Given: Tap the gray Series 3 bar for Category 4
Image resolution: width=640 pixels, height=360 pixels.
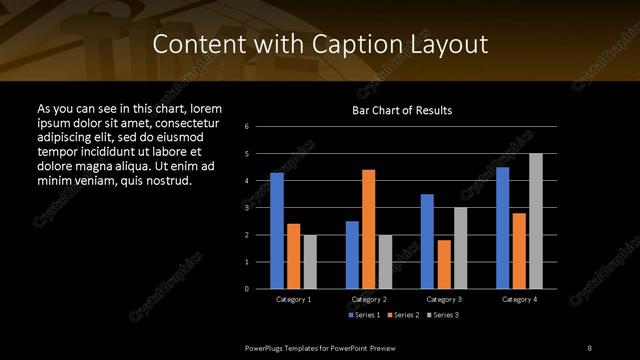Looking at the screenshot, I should point(536,221).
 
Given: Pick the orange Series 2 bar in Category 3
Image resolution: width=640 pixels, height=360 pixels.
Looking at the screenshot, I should point(443,264).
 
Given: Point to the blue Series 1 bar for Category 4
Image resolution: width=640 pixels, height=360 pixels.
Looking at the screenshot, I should point(502,228).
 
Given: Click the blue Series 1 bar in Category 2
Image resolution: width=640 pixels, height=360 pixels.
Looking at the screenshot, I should point(352,255).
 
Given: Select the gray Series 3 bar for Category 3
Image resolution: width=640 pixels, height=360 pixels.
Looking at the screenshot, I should point(460,248).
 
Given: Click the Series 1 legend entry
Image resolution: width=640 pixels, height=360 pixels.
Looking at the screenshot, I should point(362,315).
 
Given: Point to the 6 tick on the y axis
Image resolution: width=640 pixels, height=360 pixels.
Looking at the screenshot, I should point(247,127).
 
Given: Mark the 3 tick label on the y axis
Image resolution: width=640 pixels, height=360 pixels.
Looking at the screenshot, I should point(247,208).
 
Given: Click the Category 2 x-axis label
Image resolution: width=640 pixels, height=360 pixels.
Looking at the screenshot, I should point(368,299).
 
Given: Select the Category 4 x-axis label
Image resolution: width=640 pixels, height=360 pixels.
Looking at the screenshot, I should point(519,299).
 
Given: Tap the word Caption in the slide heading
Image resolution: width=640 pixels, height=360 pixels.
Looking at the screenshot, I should point(368,45).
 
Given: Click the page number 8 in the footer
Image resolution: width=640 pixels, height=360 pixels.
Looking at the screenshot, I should point(589,346).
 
